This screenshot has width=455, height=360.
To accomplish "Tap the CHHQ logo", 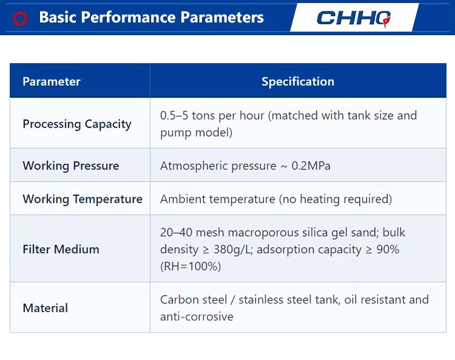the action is coord(354,18).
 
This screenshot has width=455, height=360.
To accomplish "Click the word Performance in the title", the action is coord(128,17).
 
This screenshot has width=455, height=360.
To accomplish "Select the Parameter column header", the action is coord(52,81).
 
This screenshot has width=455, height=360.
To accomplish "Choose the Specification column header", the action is coord(298,81).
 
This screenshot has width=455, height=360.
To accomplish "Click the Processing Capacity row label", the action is coord(77,124).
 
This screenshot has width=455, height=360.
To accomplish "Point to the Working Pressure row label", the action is coord(71,166).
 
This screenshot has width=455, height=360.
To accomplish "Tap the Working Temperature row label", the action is coord(83,199).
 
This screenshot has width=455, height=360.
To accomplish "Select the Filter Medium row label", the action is coord(61,250).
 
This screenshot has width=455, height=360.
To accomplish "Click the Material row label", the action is coord(45,308).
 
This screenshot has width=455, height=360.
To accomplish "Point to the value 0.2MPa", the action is coord(311,166).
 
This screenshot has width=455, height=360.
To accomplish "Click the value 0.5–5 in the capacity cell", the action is coord(174,115).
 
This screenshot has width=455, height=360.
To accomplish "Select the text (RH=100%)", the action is coord(190,267).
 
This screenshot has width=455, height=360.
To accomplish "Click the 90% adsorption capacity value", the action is coord(388,250).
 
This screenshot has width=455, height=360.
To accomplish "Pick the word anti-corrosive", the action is coord(197,316).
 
